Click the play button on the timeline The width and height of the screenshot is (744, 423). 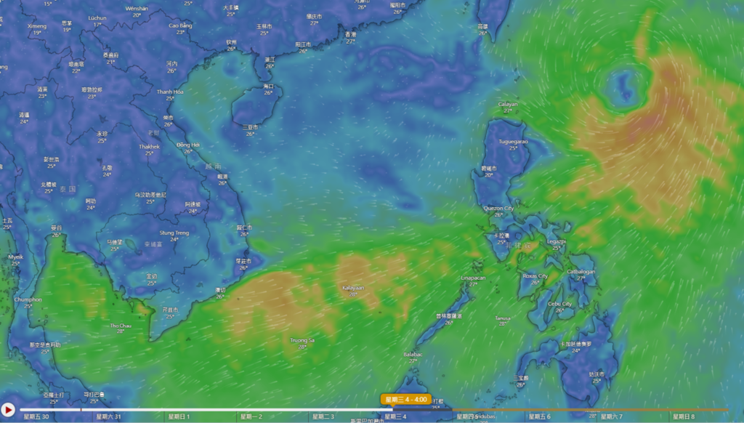point(8,411)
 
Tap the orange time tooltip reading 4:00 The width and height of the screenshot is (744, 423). point(405,399)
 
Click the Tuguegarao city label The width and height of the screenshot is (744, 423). point(513,141)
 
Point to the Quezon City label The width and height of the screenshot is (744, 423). point(498,208)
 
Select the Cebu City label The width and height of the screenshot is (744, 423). point(559,304)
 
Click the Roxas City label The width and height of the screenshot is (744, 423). point(535,276)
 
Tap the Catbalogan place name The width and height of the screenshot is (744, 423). point(581,272)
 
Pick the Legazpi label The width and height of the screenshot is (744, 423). point(557,241)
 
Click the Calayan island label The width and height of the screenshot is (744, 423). point(508,104)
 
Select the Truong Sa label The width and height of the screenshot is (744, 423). point(302,340)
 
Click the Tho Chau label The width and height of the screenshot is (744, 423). point(120,326)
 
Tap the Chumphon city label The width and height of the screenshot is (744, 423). point(28,299)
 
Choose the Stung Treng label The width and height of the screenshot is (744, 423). point(174,233)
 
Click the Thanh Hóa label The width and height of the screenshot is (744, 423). point(170,92)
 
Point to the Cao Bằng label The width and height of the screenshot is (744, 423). point(180,25)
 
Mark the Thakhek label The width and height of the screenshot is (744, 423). point(149,146)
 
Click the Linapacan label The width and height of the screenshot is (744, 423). point(473,278)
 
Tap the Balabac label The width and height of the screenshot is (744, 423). point(413,354)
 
